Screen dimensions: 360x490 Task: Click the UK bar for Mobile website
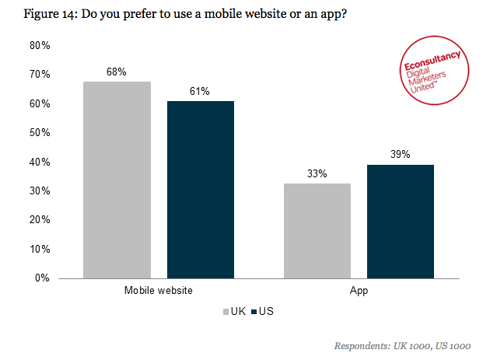click(x=117, y=180)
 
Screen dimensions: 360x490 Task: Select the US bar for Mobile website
click(x=200, y=189)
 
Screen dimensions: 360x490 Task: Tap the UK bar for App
click(x=317, y=230)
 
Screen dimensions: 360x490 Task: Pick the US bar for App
click(x=400, y=221)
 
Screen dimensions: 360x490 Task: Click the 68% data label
click(x=117, y=72)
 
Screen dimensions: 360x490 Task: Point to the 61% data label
click(x=200, y=92)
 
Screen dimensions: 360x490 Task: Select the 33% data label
click(x=317, y=173)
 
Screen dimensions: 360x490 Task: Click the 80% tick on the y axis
click(x=40, y=46)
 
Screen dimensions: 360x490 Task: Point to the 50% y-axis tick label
click(x=40, y=133)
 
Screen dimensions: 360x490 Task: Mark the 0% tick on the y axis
click(x=43, y=278)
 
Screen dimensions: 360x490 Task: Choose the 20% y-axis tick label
click(x=40, y=220)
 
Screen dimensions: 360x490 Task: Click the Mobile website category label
click(x=159, y=291)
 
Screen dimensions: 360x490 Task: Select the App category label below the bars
click(x=359, y=291)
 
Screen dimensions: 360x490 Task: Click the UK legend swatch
click(x=223, y=312)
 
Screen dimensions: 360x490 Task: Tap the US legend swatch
click(x=254, y=312)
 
